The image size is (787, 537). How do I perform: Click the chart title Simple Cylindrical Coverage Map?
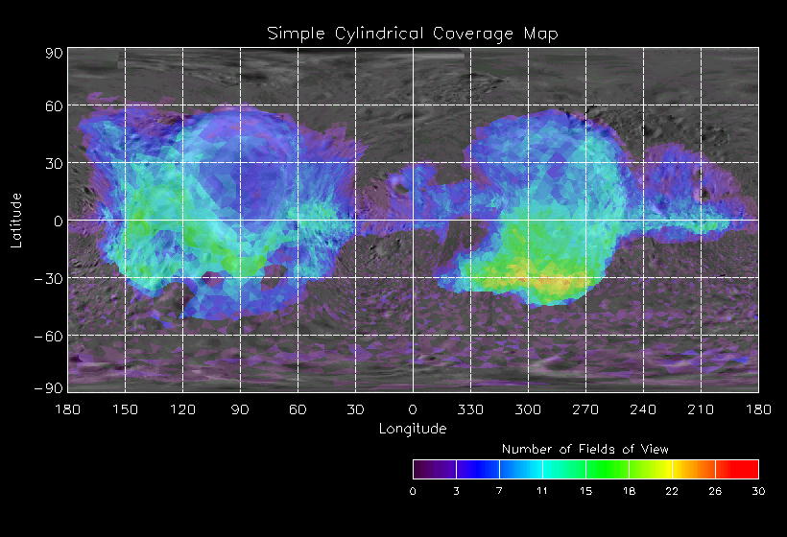[412, 33]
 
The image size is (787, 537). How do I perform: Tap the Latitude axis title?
[16, 220]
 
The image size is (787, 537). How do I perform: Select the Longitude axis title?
[412, 428]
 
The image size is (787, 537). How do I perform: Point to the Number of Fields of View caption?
[585, 449]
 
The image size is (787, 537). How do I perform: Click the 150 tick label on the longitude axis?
[125, 409]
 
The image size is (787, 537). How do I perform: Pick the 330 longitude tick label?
[470, 409]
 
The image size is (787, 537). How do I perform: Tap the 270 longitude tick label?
[585, 409]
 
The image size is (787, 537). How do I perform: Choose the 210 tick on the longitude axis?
[701, 409]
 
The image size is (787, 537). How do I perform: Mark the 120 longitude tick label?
[182, 409]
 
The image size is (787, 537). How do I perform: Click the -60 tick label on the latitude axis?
[49, 336]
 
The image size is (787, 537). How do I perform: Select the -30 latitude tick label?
[49, 278]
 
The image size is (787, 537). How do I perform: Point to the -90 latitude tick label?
[49, 387]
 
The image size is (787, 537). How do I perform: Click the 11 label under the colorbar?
[542, 491]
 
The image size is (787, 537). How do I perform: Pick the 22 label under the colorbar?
[672, 491]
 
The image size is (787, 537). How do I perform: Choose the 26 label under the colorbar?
[715, 491]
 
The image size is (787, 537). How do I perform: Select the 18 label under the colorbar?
[629, 491]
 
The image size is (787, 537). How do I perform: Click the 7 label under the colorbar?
[499, 491]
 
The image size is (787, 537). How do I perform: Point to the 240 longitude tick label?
[643, 409]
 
